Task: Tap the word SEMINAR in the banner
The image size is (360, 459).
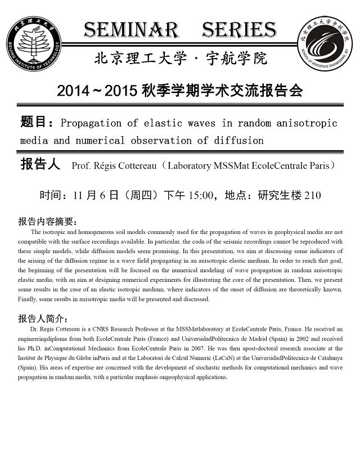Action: click(132, 30)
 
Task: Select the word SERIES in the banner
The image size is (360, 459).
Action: click(239, 30)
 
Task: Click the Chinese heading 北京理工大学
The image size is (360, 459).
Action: click(133, 58)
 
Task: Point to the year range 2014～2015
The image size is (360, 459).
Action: click(97, 90)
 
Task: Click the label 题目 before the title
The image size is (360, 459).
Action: click(35, 122)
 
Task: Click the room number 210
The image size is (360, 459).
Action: click(312, 196)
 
